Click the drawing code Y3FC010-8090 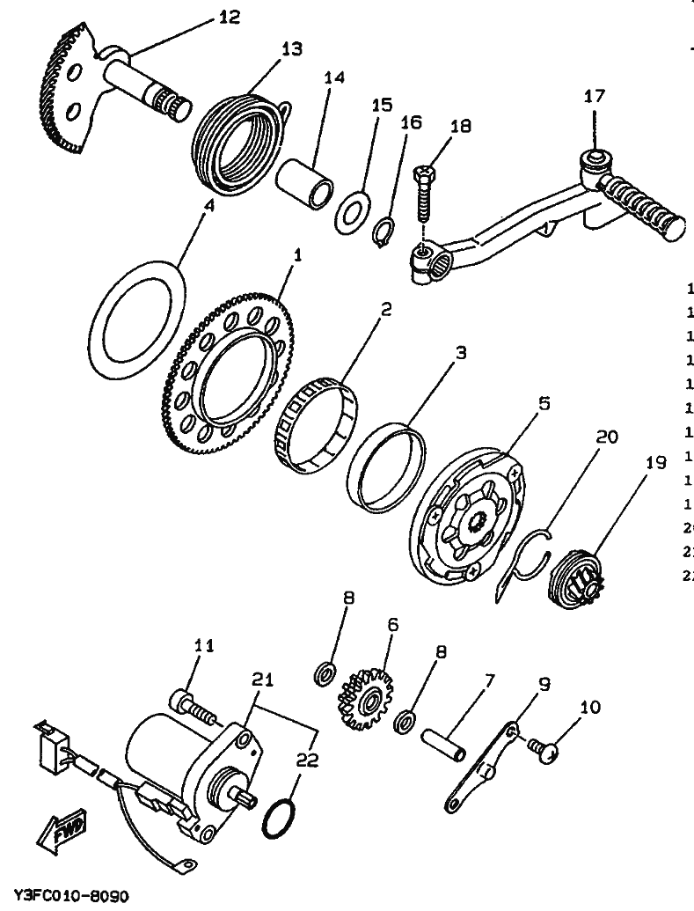71,897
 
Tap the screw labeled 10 548,750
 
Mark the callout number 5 544,404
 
